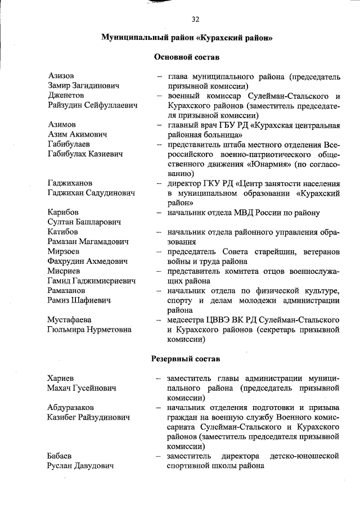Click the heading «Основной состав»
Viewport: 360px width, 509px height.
pyautogui.click(x=186, y=57)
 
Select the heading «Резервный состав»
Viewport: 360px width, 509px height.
pyautogui.click(x=186, y=358)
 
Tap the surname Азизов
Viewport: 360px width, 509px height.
pyautogui.click(x=62, y=75)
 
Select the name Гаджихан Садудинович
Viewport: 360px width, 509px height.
pyautogui.click(x=92, y=193)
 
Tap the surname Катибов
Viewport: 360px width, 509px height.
pyautogui.click(x=65, y=232)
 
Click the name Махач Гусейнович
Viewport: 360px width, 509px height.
pyautogui.click(x=82, y=388)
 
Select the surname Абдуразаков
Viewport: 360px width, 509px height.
pyautogui.click(x=71, y=407)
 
